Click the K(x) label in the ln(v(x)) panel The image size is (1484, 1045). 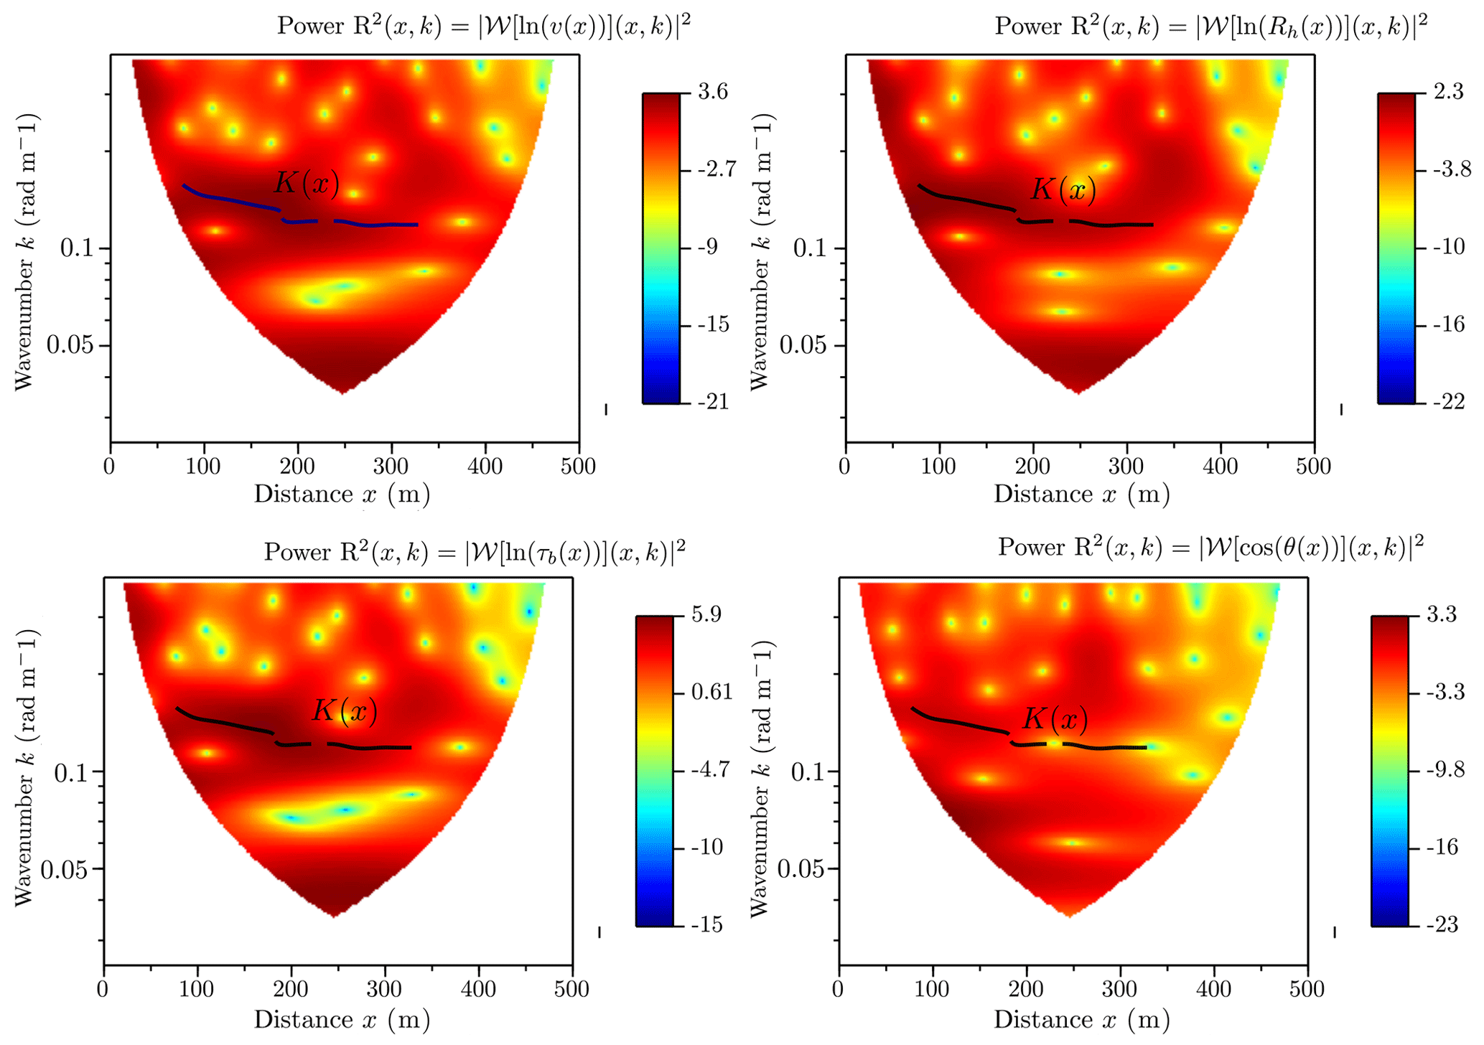click(x=307, y=184)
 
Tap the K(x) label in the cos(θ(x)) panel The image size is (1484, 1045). click(x=1055, y=718)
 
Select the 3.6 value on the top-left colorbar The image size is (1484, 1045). click(x=712, y=92)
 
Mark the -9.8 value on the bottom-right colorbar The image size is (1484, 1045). click(x=1444, y=770)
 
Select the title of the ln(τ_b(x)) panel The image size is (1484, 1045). click(x=475, y=551)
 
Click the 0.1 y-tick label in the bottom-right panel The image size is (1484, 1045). click(x=808, y=772)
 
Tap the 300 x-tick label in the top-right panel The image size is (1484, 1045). click(x=1126, y=467)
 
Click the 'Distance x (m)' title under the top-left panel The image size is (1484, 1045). click(x=342, y=495)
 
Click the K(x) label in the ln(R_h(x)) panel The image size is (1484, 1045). click(x=1064, y=189)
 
